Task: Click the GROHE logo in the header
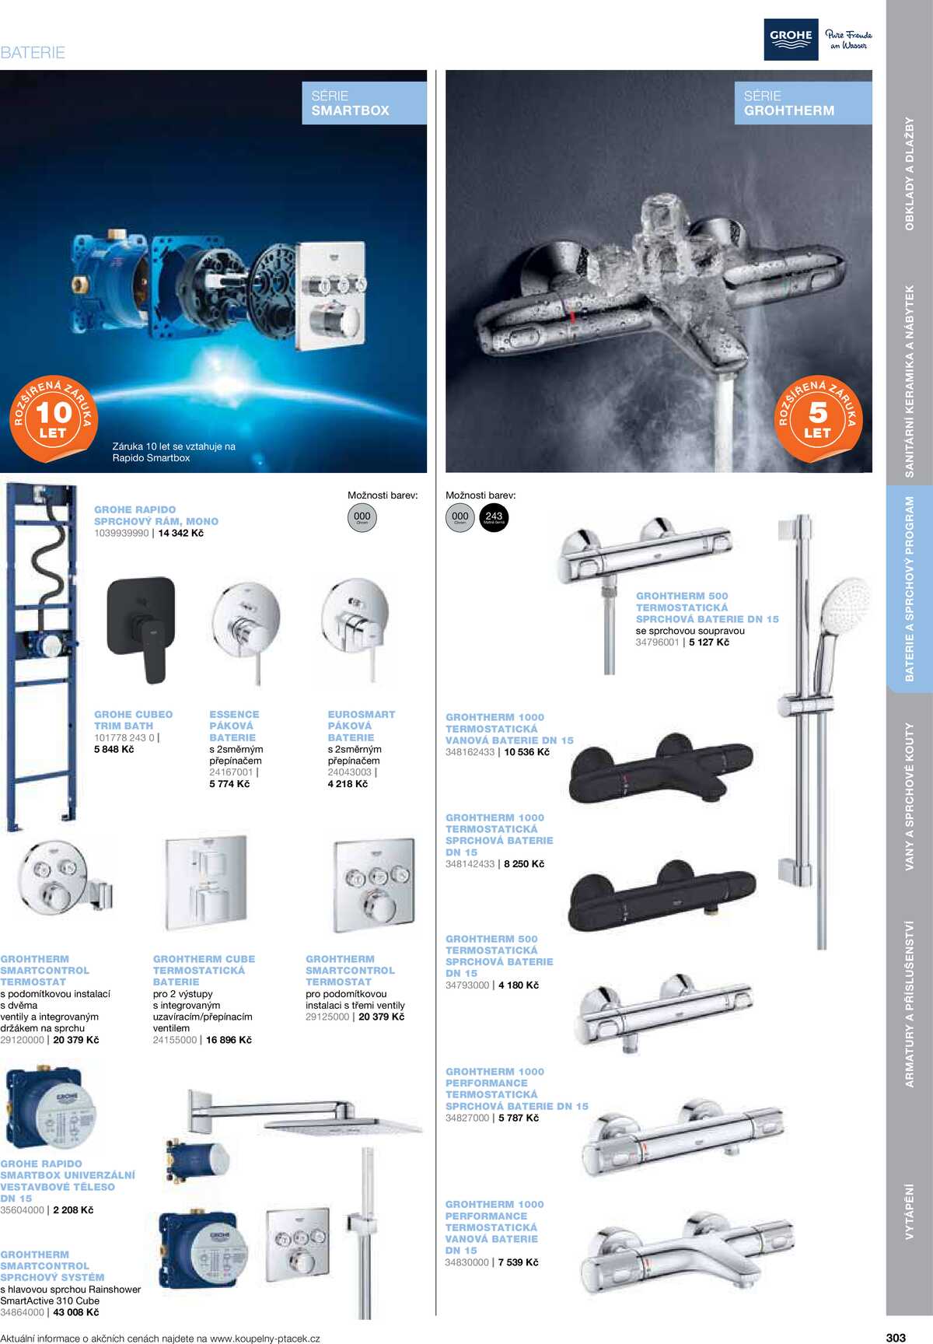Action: pyautogui.click(x=791, y=40)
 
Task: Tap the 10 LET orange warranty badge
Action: pyautogui.click(x=53, y=419)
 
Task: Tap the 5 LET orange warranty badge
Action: pyautogui.click(x=818, y=419)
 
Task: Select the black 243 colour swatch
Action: pyautogui.click(x=494, y=518)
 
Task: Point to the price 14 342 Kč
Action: pyautogui.click(x=181, y=534)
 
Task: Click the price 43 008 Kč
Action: pyautogui.click(x=76, y=1312)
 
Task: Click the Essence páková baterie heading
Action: pyautogui.click(x=233, y=726)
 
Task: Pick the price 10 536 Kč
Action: pyautogui.click(x=527, y=752)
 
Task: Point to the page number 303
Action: pyautogui.click(x=896, y=1338)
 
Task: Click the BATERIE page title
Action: pyautogui.click(x=33, y=53)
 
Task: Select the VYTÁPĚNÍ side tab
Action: pyautogui.click(x=910, y=1211)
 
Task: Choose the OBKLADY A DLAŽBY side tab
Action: pyautogui.click(x=910, y=173)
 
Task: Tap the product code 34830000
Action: pyautogui.click(x=466, y=1262)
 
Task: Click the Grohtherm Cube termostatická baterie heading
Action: pyautogui.click(x=204, y=971)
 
